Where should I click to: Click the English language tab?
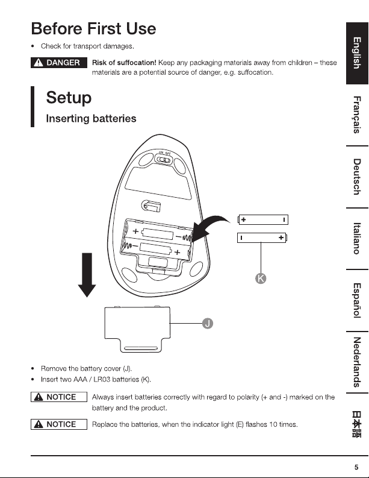coord(357,54)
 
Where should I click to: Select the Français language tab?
coord(357,115)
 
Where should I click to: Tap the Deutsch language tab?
coord(357,177)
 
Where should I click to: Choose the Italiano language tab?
coord(357,238)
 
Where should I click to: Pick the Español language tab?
coord(357,300)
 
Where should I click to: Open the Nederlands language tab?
coord(357,362)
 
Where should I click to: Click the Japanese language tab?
coord(357,424)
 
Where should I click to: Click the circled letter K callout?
coord(261,278)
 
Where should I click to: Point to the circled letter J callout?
coord(208,323)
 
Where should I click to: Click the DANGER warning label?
coord(59,63)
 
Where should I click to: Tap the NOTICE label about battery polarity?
coord(59,397)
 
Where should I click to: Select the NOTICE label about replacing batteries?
coord(59,424)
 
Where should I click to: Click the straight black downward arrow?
coord(87,274)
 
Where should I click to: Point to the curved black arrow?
coord(210,227)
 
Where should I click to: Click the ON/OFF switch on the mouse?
coord(164,160)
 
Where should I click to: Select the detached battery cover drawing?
coord(137,329)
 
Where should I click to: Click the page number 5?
coord(356,467)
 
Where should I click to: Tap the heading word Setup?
coord(69,98)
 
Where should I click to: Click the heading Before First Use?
coord(93,29)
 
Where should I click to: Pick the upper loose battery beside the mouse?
coord(263,219)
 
